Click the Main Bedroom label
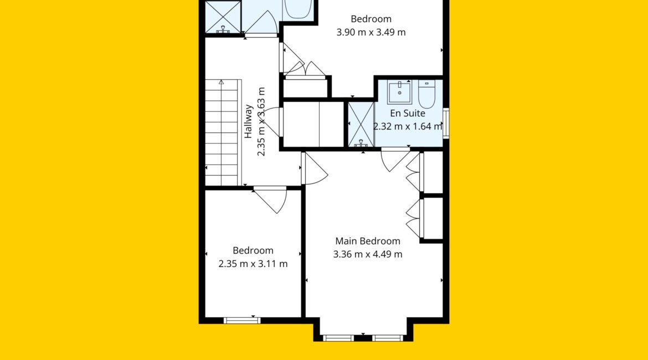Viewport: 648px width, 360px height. pos(367,241)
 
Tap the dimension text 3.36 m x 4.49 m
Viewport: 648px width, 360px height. pos(367,254)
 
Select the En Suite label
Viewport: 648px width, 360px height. pos(408,113)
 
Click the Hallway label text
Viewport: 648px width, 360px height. pos(248,121)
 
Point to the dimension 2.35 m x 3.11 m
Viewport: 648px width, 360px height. pos(253,264)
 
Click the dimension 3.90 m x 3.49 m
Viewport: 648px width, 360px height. pos(371,32)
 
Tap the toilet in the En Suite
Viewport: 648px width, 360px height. pos(426,94)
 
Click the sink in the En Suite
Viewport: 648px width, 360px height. pos(399,92)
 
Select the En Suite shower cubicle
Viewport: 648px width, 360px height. pos(361,125)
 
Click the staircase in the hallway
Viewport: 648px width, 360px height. pos(222,133)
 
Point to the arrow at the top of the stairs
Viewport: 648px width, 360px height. pos(222,83)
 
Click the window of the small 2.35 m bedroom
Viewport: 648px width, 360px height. pos(242,320)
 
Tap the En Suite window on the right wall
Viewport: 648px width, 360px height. pos(446,123)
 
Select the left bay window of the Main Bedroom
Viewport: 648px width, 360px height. pos(338,338)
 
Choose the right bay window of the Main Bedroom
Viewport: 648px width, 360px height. pos(388,338)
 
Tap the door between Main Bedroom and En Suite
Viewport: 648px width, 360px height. pos(395,159)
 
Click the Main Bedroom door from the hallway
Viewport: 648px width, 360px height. pos(314,168)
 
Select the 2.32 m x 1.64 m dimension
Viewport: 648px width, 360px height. pos(408,126)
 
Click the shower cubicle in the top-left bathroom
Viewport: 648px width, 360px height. pos(223,17)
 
